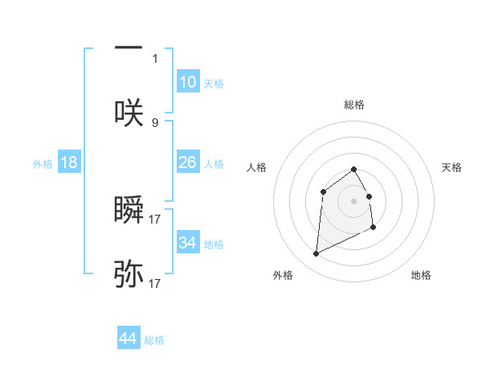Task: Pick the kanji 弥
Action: point(129,274)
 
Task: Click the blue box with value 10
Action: point(188,82)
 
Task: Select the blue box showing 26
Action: point(188,162)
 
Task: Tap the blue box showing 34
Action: point(188,243)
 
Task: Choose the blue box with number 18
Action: point(69,162)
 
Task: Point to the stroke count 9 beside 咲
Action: point(155,122)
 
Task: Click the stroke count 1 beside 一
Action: point(155,58)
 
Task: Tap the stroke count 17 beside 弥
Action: point(155,283)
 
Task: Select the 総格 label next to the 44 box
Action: point(154,340)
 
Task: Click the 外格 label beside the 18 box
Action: point(43,163)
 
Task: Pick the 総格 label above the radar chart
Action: point(353,105)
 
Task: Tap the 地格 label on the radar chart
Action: point(421,275)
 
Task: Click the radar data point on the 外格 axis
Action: point(316,254)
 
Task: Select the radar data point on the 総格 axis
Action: point(353,169)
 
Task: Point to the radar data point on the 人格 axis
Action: point(323,191)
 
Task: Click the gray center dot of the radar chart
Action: point(353,200)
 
